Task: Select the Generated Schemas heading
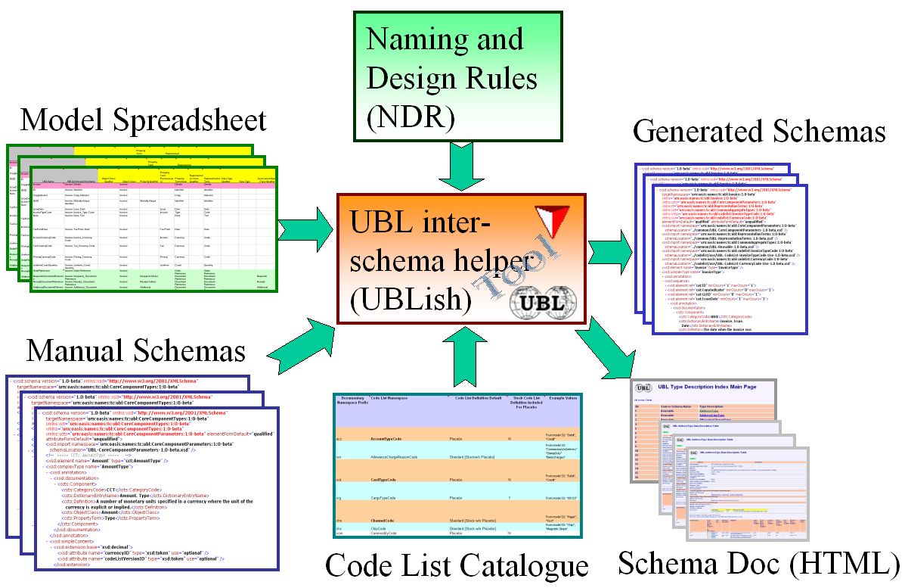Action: pos(759,131)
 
